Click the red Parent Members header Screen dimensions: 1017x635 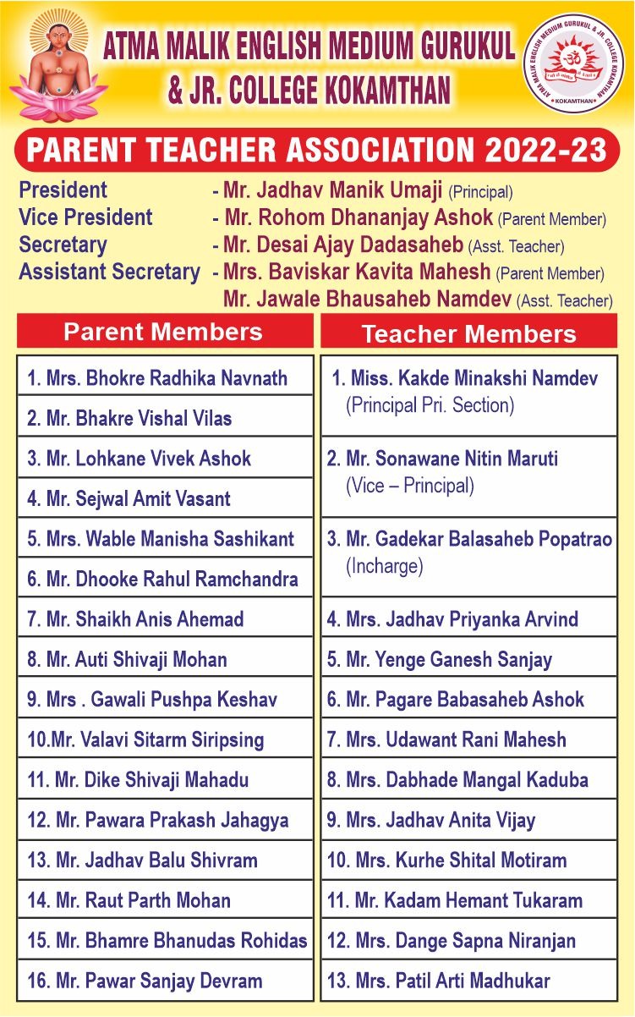click(164, 331)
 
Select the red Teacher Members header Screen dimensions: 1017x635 click(468, 333)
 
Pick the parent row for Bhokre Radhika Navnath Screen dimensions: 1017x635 click(165, 377)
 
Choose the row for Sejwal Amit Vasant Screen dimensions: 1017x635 click(165, 498)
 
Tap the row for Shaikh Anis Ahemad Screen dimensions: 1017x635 click(165, 618)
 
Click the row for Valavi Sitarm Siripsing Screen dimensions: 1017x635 click(165, 739)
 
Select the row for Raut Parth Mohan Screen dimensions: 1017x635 click(165, 900)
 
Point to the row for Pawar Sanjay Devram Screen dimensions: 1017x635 click(165, 981)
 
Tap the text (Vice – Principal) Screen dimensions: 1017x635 click(410, 487)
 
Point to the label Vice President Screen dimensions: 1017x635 click(85, 217)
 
